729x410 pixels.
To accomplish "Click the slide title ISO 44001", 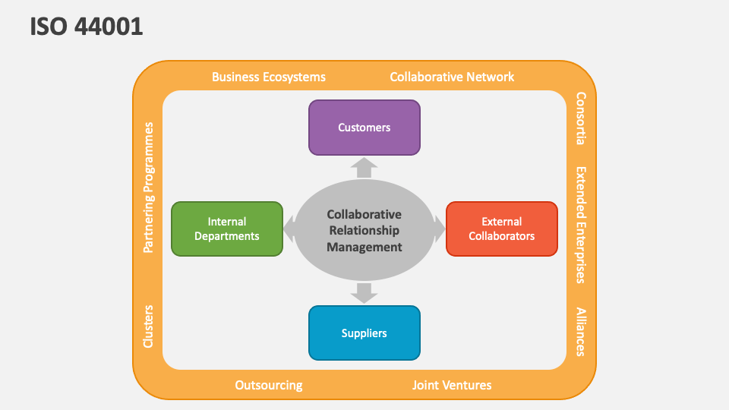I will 87,27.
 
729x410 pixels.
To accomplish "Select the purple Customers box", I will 364,128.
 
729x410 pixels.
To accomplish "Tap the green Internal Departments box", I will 227,229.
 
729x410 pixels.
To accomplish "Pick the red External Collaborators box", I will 501,229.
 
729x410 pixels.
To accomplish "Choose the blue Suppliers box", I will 364,333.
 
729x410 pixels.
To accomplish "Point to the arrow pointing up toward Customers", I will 364,167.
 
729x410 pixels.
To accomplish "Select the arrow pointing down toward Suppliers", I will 364,292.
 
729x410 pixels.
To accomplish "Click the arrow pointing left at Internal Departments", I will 289,226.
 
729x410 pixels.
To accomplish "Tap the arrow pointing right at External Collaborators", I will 440,226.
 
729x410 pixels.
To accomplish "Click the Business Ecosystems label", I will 269,77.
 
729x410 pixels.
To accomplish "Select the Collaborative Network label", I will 452,77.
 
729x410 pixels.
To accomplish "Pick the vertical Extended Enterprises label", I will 581,225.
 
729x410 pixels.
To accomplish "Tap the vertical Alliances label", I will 581,331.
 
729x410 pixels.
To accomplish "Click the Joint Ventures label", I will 452,385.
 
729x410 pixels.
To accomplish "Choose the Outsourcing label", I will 269,385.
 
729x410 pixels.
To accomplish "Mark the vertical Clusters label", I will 149,326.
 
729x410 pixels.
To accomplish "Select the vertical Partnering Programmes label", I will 149,187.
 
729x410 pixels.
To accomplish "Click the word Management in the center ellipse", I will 364,247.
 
